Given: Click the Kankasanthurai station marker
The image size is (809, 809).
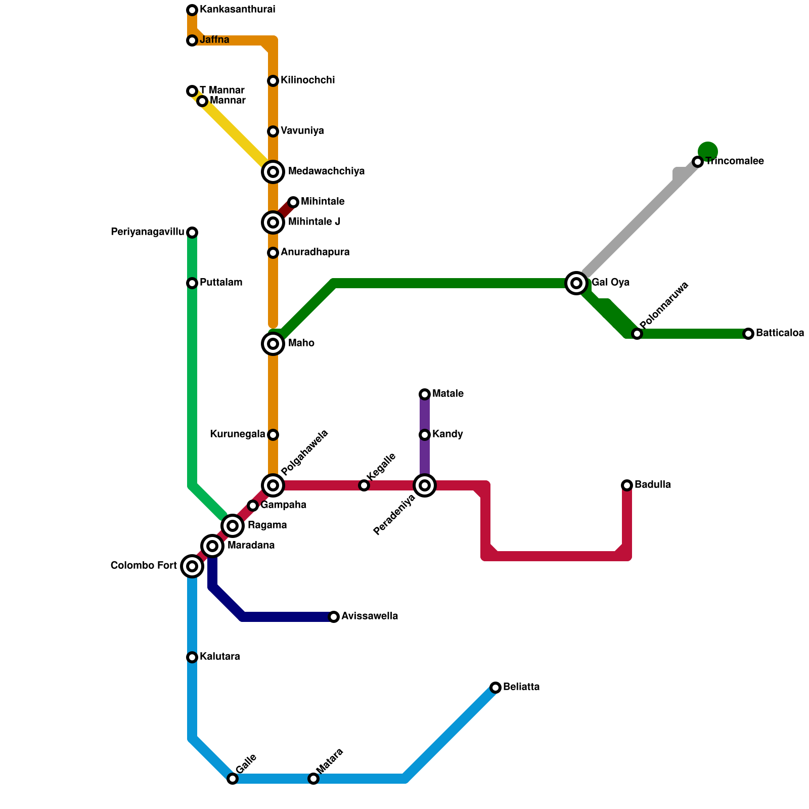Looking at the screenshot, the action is tap(192, 10).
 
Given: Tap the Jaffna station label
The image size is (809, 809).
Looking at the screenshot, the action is tap(214, 40).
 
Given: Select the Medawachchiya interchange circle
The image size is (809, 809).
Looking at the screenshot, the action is tap(273, 172).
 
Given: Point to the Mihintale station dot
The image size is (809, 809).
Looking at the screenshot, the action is tap(293, 202).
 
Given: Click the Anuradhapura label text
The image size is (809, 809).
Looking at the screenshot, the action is tap(315, 252).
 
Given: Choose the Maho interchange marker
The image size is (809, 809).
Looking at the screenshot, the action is tap(273, 344).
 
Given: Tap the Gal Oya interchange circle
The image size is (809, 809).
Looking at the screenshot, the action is tap(576, 283).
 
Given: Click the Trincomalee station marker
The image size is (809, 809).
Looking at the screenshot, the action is tap(698, 162).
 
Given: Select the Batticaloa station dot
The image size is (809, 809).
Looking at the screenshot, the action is tap(748, 334).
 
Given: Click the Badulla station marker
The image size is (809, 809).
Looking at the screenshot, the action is tap(627, 485).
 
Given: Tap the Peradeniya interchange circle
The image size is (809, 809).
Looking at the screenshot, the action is tap(425, 485).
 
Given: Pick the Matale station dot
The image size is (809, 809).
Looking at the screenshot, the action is tap(425, 394).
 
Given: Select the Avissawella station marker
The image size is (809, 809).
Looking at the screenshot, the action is tap(334, 617).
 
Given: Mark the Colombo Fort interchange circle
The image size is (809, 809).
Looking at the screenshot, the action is tap(192, 566).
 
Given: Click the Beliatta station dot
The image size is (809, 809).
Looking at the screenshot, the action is tap(496, 688).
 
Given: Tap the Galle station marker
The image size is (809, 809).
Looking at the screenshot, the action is tap(233, 779).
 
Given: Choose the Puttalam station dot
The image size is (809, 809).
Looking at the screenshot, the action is tap(192, 283).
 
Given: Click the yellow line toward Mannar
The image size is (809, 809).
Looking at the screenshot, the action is tap(235, 134).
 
